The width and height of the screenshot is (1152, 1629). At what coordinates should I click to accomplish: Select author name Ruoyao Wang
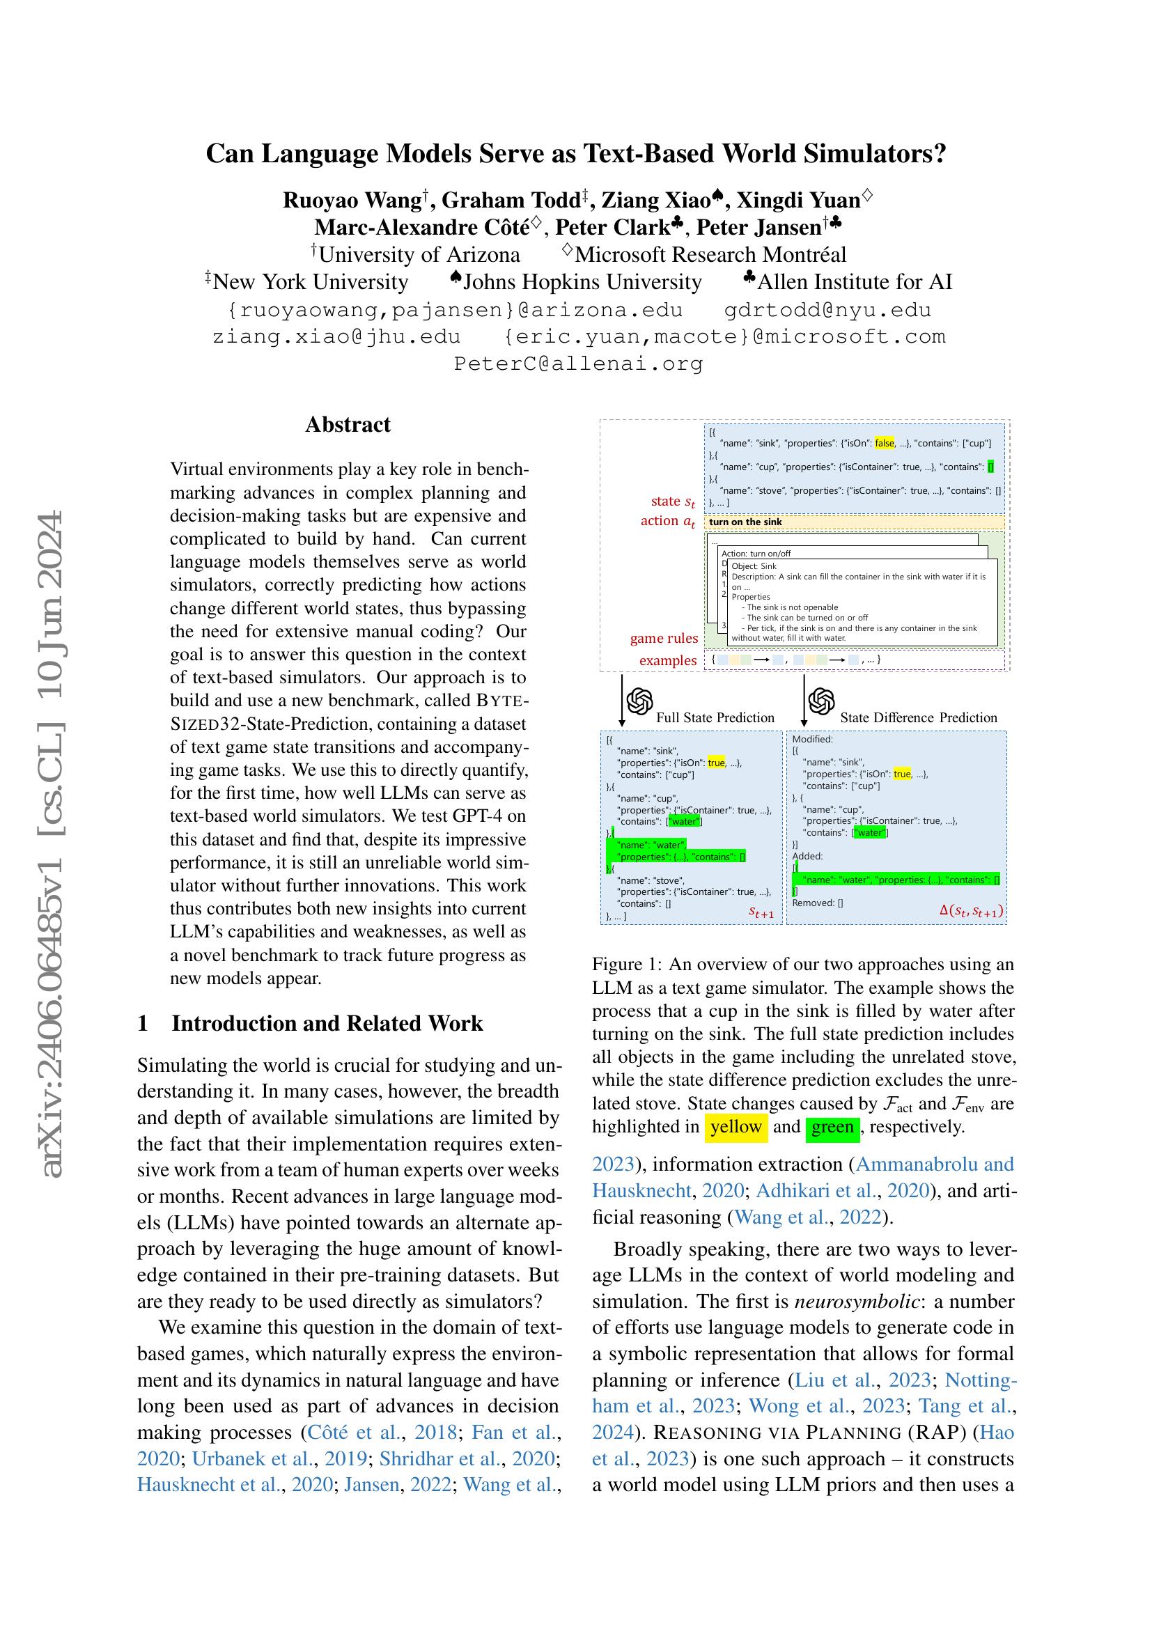tap(352, 201)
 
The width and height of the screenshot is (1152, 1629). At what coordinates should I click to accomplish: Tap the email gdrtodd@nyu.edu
tap(827, 310)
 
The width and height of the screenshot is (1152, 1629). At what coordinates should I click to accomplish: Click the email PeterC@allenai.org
tap(578, 364)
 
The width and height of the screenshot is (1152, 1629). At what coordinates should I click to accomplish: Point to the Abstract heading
tap(348, 424)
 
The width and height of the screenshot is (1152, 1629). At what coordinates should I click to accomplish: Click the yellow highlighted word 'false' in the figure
tap(884, 443)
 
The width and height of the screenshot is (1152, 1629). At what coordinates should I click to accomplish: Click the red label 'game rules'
tap(664, 638)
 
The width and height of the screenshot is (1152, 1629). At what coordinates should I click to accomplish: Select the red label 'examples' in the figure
tap(667, 660)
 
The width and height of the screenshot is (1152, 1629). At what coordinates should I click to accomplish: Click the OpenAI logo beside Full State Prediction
tap(640, 702)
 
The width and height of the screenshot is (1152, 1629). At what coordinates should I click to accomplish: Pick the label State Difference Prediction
tap(919, 717)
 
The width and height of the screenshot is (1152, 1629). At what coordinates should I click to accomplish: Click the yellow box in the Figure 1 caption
tap(735, 1127)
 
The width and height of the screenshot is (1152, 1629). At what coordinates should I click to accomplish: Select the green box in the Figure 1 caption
tap(833, 1127)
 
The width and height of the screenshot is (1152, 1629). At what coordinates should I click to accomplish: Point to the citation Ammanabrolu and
tap(935, 1164)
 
